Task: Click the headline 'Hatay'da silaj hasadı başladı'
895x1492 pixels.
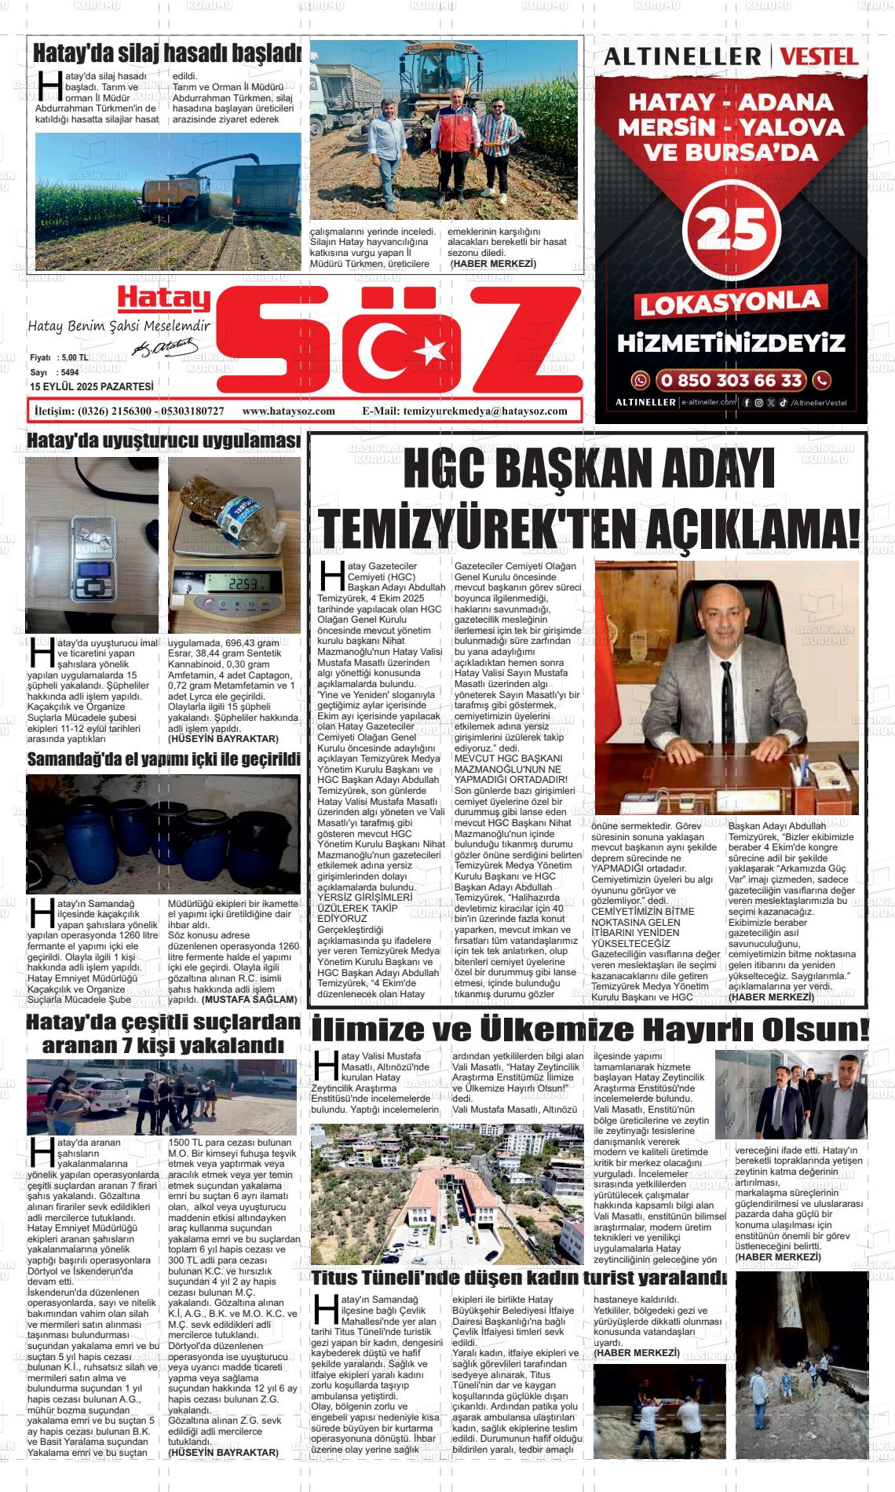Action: [x=166, y=54]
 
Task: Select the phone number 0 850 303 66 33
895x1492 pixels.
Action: [x=731, y=381]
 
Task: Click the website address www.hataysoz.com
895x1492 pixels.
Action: [x=289, y=411]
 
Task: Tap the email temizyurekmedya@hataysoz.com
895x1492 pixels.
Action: [x=484, y=411]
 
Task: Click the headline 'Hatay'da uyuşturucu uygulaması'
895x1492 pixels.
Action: [x=163, y=441]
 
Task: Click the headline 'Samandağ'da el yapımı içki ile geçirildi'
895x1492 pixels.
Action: [x=163, y=760]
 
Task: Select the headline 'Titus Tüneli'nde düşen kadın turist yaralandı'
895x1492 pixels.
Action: [x=518, y=1278]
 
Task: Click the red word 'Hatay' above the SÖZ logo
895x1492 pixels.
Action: [x=163, y=298]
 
